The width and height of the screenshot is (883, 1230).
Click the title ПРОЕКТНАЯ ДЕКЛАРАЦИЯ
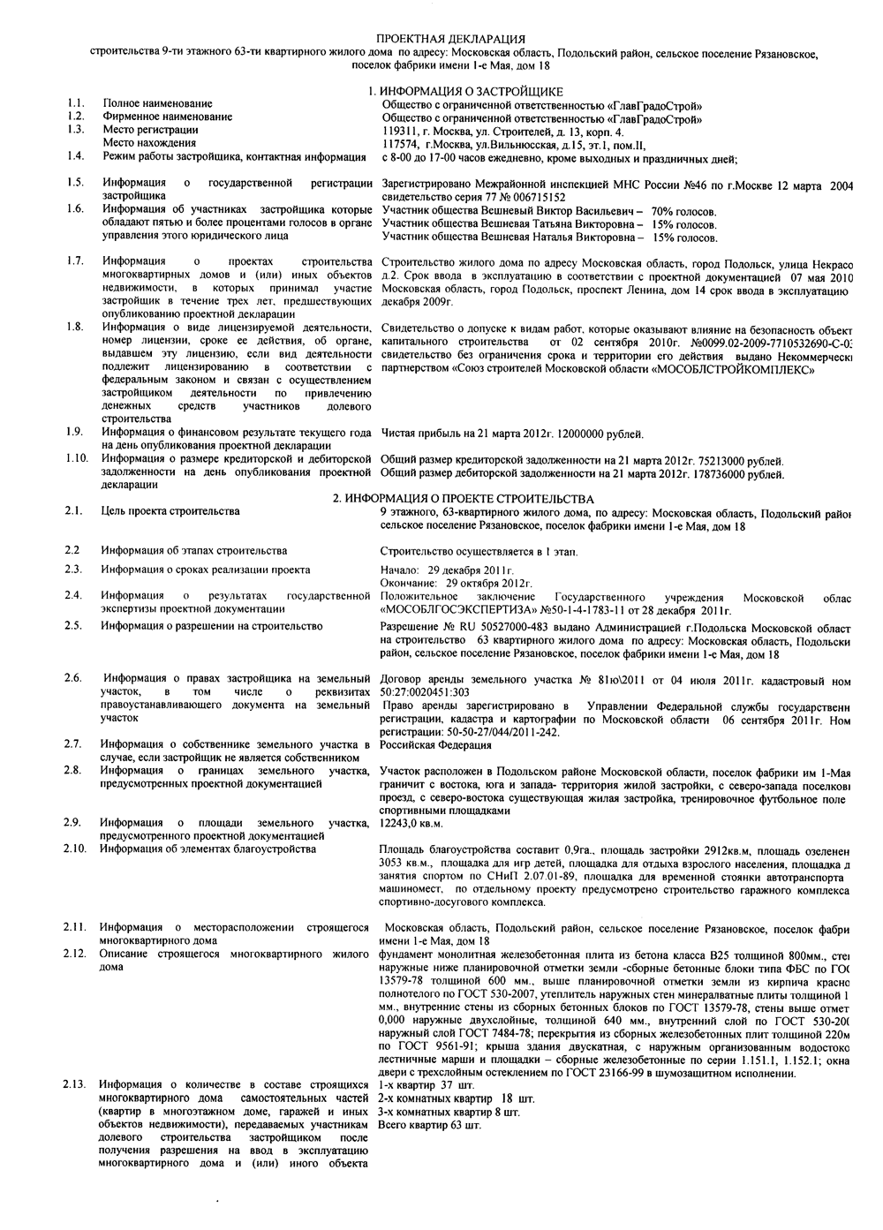coord(450,40)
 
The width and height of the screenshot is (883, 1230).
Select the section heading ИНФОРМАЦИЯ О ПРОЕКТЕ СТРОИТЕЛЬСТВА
coord(463,499)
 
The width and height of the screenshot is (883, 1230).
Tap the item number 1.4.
coord(75,156)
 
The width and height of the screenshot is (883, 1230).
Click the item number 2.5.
coord(74,626)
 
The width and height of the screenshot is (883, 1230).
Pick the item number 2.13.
coord(76,1084)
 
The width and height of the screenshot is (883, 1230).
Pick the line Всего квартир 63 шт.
coord(429,1126)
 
